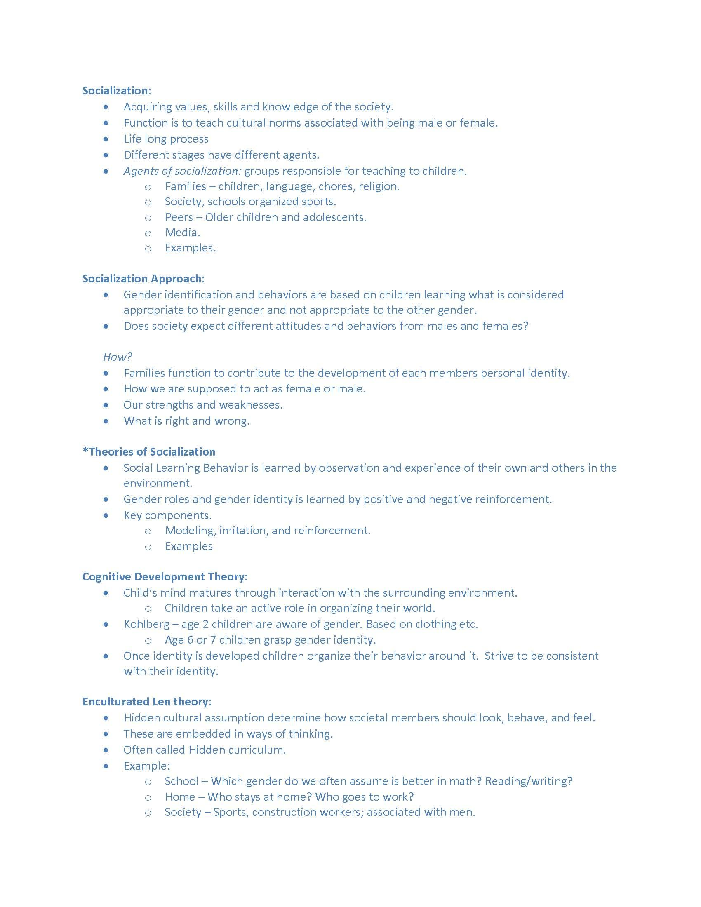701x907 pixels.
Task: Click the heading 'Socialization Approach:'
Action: pos(143,278)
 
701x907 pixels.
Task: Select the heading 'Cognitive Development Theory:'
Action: pos(165,576)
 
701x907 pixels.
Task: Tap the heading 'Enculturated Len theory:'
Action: pos(147,701)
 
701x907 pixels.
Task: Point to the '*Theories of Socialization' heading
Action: pos(149,451)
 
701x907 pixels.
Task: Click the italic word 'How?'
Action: pos(118,357)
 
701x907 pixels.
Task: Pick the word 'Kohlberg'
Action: pos(147,624)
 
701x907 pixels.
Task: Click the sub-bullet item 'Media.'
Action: pos(182,233)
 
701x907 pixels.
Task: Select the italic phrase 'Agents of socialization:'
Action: pos(182,171)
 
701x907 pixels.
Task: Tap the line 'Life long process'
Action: pos(166,139)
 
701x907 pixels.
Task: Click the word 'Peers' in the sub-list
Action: pos(179,217)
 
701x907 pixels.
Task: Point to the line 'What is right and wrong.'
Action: pos(186,421)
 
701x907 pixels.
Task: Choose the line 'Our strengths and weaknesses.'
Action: pos(203,404)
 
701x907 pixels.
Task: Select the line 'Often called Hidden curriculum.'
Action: pos(205,750)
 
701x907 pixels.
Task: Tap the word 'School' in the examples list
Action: pos(181,781)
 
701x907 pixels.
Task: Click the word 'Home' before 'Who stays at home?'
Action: pos(180,797)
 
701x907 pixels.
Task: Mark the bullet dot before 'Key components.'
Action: pos(106,515)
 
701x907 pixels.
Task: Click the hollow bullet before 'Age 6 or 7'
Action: pos(148,640)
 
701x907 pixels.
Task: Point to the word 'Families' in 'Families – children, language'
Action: pos(186,186)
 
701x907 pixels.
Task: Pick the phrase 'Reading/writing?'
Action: pos(529,781)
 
